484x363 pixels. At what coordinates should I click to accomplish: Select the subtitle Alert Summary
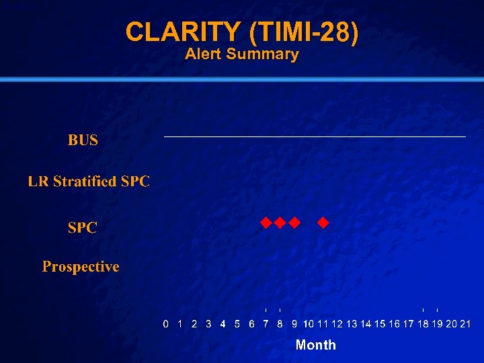coord(241,54)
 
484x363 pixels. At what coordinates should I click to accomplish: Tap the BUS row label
coord(83,140)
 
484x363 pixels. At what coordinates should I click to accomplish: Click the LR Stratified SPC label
coord(89,182)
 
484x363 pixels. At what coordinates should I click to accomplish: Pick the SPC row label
coord(82,228)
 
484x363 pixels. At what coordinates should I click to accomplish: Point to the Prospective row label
coord(81,267)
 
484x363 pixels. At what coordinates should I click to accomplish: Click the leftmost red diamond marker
coord(266,222)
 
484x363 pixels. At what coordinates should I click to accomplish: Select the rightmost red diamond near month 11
coord(323,222)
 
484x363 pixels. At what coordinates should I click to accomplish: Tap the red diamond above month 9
coord(294,222)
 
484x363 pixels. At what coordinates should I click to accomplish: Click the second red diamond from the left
coord(280,222)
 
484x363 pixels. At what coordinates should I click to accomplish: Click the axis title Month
coord(315,345)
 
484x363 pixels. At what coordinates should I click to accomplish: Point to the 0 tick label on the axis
coord(166,324)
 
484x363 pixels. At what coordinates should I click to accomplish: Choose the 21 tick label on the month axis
coord(465,324)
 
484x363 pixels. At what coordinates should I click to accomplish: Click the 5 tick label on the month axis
coord(237,324)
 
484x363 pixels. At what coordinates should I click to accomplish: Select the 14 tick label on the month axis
coord(366,324)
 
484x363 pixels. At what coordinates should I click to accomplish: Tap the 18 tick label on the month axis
coord(423,324)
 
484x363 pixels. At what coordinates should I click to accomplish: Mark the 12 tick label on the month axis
coord(337,324)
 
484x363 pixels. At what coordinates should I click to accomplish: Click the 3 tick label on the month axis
coord(208,324)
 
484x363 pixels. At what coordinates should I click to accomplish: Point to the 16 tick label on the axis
coord(395,324)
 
